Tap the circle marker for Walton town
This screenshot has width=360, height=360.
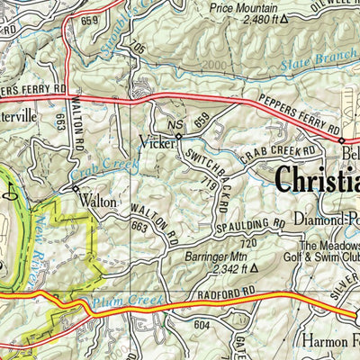76,190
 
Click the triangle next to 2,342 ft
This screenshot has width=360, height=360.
254,268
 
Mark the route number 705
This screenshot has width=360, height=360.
137,47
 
